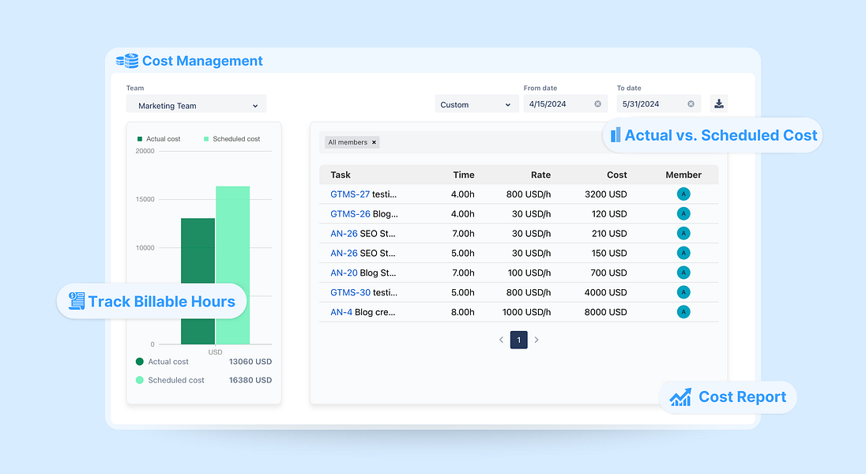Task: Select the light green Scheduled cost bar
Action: coord(232,237)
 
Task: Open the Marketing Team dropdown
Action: coord(196,105)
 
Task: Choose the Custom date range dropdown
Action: coord(476,104)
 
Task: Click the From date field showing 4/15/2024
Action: coord(558,104)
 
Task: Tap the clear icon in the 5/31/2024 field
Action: coord(691,104)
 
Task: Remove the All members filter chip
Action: coord(375,142)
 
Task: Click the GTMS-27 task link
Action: coord(350,194)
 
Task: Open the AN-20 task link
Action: coord(344,273)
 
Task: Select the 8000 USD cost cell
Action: coord(606,312)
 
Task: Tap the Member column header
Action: coord(683,175)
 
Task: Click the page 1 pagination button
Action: coord(518,340)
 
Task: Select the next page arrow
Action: coord(537,340)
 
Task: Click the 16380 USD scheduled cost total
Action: coord(250,380)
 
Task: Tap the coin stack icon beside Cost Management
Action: coord(126,61)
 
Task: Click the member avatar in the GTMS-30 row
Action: coord(683,292)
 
